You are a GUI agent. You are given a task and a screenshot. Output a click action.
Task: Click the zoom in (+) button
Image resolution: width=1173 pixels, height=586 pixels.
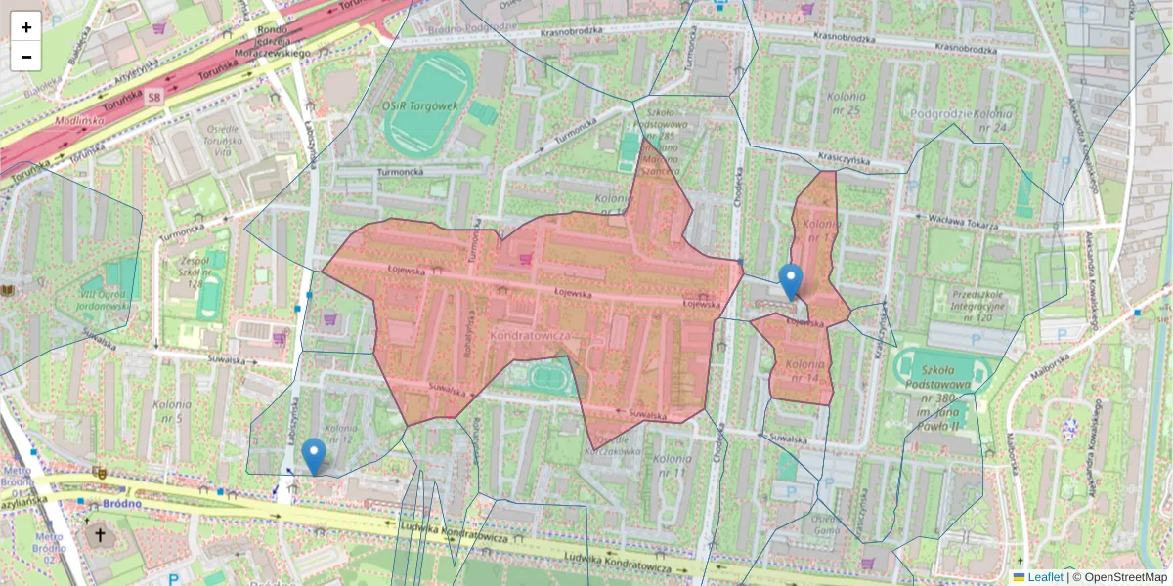[26, 27]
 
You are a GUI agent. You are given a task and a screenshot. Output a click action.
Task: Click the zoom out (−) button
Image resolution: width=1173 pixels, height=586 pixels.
[26, 57]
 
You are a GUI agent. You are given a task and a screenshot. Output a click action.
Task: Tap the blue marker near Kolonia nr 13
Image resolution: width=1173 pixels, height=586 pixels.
[790, 281]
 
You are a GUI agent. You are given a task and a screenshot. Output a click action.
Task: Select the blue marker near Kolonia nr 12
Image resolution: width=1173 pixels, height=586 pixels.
[314, 456]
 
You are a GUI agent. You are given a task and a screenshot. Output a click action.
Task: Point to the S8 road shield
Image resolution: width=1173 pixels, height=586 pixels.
[154, 98]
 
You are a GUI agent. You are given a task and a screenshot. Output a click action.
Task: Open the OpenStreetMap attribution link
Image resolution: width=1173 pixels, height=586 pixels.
[1125, 577]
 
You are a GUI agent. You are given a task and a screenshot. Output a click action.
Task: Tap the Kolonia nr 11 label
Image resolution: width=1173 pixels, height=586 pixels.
[673, 466]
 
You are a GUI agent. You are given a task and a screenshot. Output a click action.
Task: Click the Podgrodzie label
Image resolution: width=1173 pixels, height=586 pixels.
[939, 113]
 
